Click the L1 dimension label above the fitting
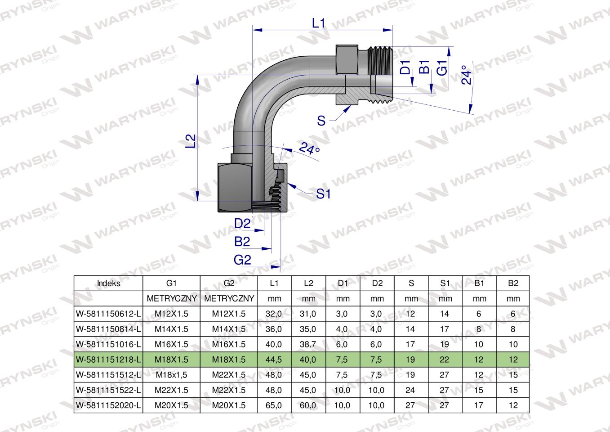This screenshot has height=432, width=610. (x=318, y=23)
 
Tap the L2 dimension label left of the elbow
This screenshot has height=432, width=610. (x=191, y=140)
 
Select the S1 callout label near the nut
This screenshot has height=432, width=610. (x=323, y=194)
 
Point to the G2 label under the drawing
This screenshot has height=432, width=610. (x=242, y=260)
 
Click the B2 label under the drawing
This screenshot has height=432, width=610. (x=242, y=242)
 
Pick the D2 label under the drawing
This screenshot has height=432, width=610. (x=242, y=223)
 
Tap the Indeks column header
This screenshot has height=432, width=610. (x=108, y=283)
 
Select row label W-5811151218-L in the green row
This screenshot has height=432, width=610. (x=108, y=360)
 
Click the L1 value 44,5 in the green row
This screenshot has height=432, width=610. (x=274, y=360)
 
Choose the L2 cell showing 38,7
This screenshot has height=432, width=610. (x=308, y=344)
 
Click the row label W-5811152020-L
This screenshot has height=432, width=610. (x=108, y=405)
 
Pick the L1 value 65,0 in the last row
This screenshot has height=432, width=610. (x=274, y=405)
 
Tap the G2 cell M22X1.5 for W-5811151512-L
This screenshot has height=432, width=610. (x=229, y=375)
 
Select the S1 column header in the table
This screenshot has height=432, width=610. (x=445, y=283)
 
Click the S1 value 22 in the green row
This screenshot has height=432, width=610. (x=445, y=360)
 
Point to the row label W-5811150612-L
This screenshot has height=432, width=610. (x=108, y=314)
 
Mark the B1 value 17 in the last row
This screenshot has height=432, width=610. (x=479, y=405)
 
